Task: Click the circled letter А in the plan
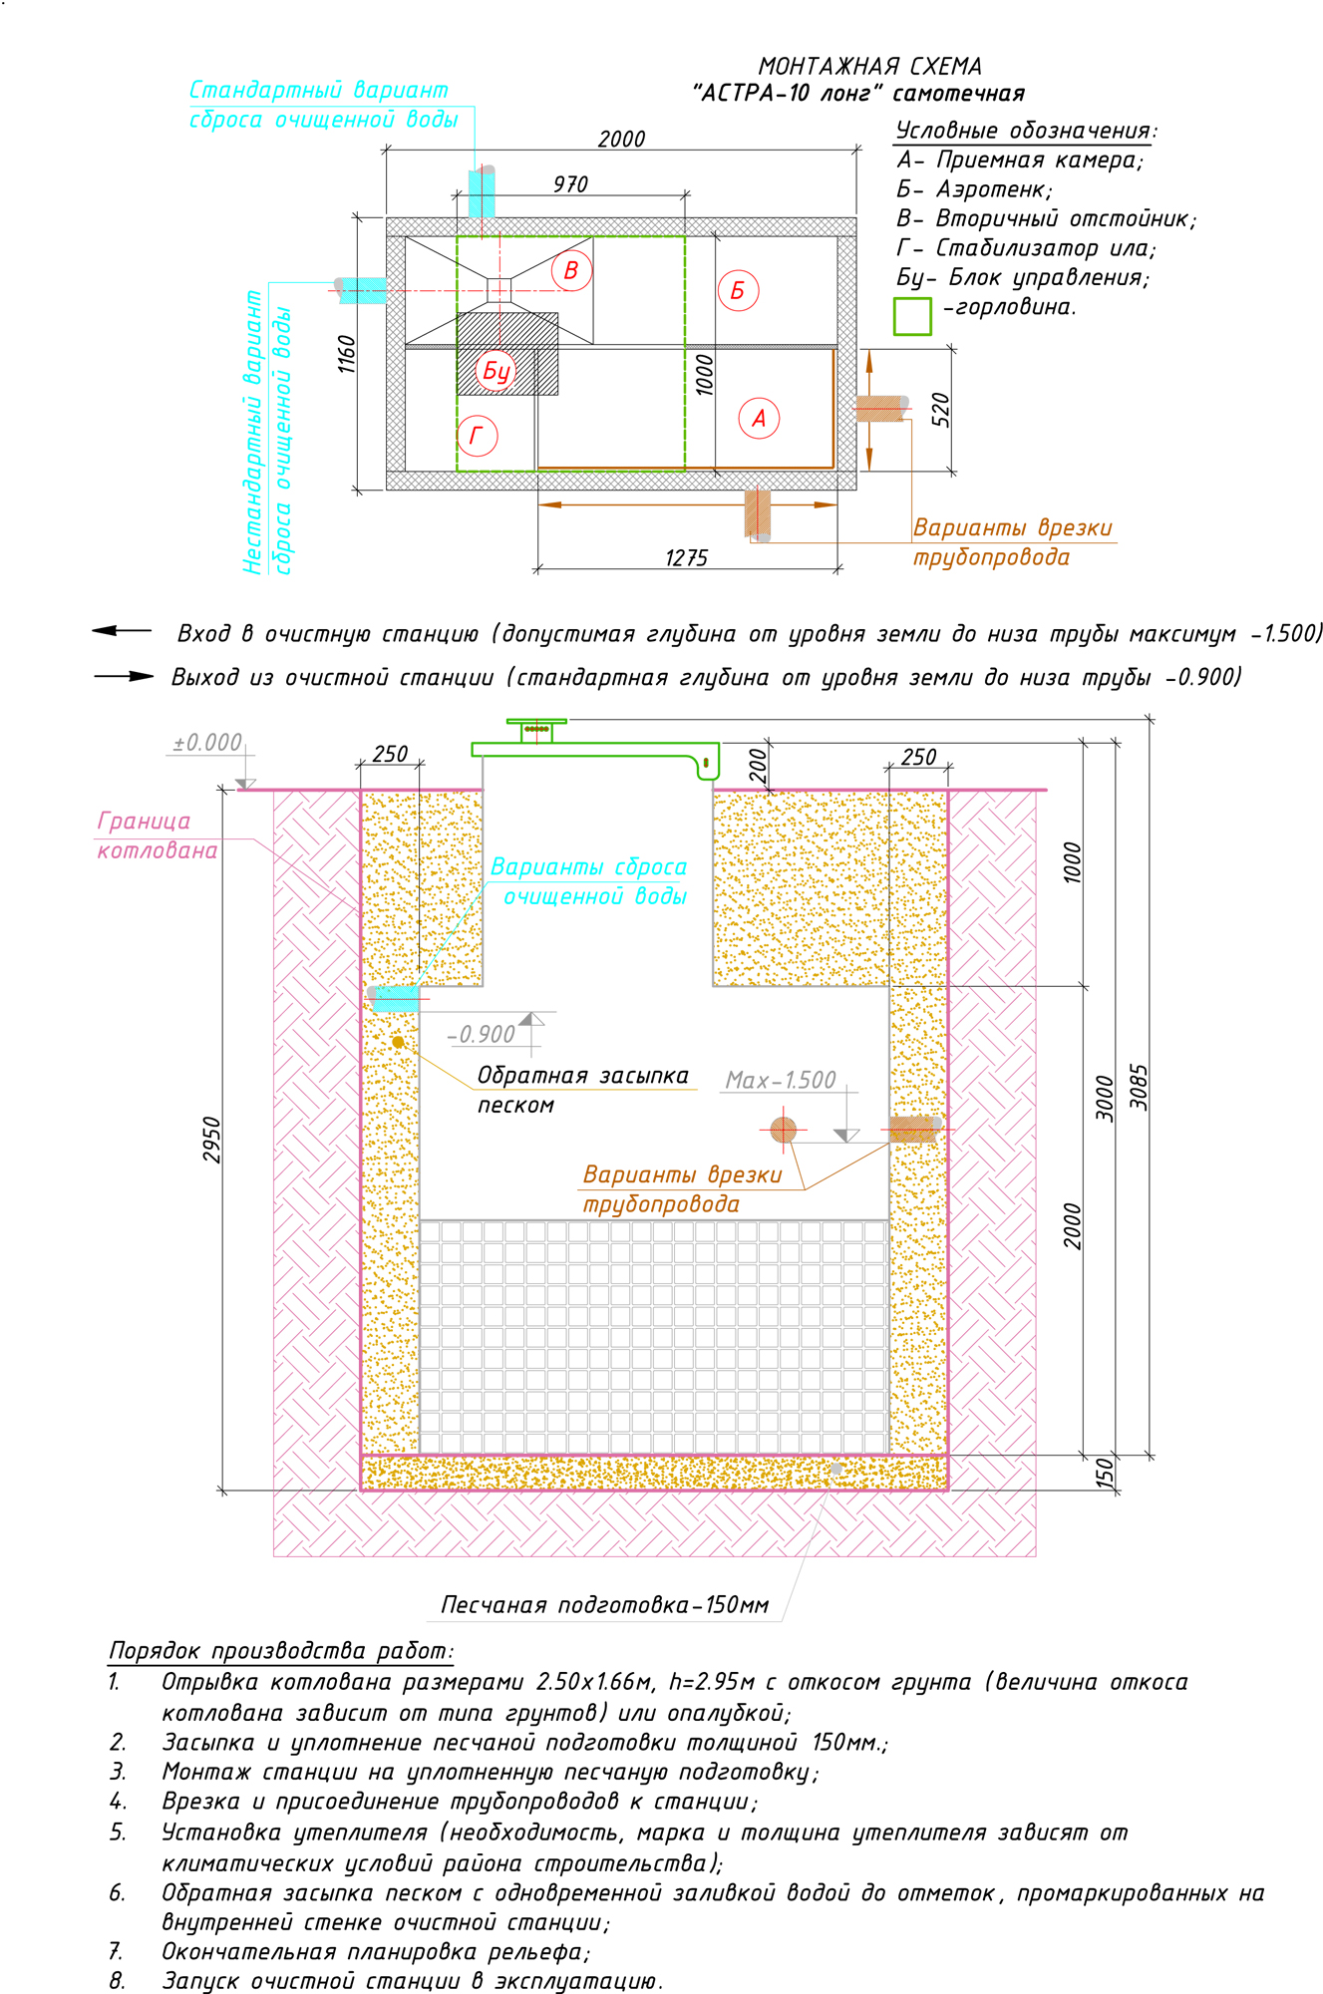coord(759,418)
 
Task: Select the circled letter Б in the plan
coord(738,290)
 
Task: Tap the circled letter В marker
coord(571,270)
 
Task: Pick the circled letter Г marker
coord(477,436)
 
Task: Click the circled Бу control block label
coord(496,371)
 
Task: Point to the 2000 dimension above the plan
coord(621,139)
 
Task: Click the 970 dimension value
coord(570,184)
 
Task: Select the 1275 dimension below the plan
coord(686,557)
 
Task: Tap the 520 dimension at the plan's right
coord(940,410)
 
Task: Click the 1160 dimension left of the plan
coord(346,354)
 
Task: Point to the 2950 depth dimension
coord(211,1139)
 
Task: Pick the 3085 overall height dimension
coord(1139,1087)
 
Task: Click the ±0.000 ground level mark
coord(207,743)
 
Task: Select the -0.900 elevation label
coord(482,1035)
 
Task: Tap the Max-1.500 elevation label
coord(781,1081)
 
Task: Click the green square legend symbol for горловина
coord(912,316)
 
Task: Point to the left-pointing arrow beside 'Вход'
coord(121,631)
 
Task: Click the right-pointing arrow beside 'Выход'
coord(125,676)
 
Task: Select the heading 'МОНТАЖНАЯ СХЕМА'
coord(869,66)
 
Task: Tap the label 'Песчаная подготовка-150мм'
coord(604,1605)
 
